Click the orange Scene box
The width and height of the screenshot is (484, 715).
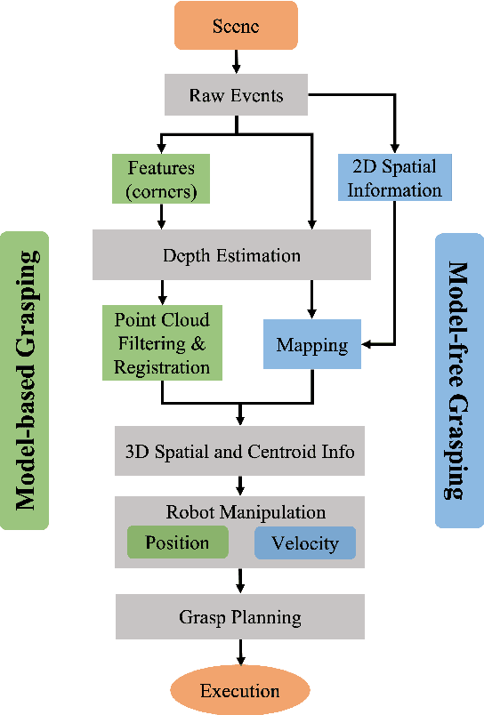237,25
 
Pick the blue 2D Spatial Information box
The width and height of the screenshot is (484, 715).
394,177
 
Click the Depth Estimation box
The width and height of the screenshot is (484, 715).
231,256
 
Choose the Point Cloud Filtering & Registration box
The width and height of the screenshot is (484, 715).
161,342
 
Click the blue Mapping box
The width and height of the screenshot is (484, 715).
311,343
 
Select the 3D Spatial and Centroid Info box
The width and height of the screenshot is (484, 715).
238,452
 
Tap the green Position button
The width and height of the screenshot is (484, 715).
177,542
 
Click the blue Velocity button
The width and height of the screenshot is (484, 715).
304,542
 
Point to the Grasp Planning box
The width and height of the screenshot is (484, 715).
238,616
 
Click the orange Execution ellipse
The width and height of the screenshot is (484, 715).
239,691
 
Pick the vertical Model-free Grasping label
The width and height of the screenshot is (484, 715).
458,380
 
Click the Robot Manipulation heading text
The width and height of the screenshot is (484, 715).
246,512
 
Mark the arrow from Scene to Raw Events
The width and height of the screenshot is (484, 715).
237,60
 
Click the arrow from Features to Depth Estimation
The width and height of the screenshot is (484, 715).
161,217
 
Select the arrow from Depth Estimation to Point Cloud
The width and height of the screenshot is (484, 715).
161,291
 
